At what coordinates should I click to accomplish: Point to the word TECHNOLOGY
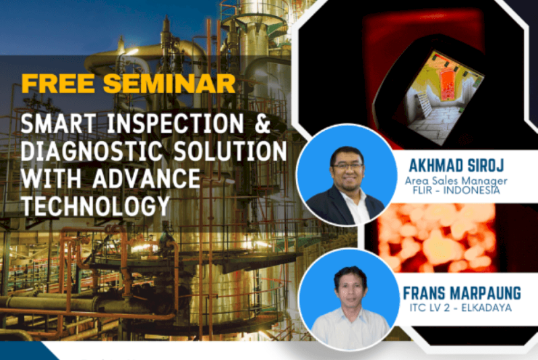point(94,204)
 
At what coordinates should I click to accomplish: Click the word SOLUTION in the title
point(227,150)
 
